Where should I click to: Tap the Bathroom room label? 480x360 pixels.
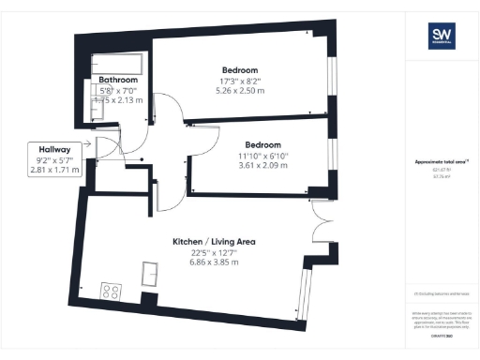(x=119, y=81)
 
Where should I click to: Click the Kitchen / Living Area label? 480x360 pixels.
(x=214, y=242)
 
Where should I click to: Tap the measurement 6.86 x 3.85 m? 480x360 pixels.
(x=214, y=263)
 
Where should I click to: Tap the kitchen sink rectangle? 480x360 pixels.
(x=149, y=272)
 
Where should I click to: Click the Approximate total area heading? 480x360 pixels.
(x=434, y=162)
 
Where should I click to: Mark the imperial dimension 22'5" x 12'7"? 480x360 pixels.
(x=214, y=253)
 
